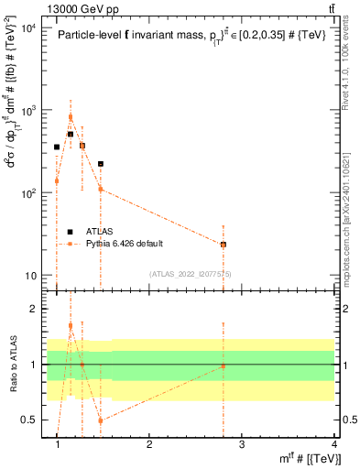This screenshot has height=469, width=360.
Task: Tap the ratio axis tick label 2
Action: pos(34,309)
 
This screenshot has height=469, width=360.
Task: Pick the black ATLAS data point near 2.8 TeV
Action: pos(224,245)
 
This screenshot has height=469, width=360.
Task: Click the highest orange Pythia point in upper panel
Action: pos(70,117)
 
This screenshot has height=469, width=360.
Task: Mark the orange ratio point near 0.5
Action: pos(101,420)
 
